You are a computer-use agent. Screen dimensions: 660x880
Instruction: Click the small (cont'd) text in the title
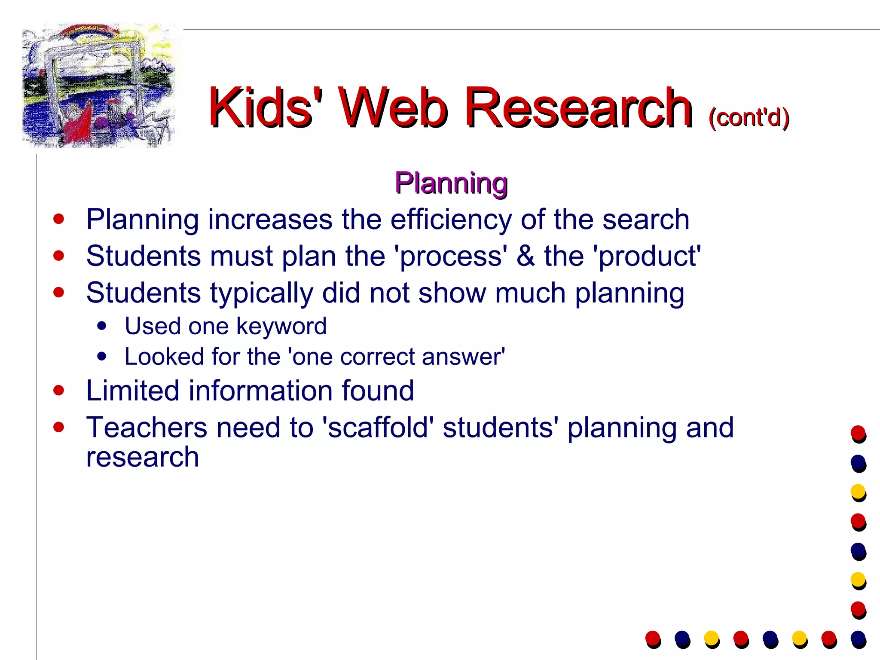tap(749, 117)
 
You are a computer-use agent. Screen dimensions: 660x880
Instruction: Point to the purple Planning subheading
tap(451, 183)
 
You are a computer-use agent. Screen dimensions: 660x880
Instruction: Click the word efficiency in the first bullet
tap(451, 220)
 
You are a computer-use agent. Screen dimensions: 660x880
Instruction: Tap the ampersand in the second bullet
tap(526, 256)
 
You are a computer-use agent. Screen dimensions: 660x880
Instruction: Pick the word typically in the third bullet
tap(262, 293)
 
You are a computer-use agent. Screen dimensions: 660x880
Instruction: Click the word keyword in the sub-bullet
tap(281, 327)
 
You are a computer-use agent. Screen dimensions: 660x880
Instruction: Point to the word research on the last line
tap(143, 457)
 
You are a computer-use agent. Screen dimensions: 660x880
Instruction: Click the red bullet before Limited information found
tap(59, 391)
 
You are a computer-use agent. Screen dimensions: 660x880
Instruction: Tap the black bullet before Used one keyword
tap(102, 326)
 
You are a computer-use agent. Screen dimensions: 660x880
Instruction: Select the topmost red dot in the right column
tap(858, 433)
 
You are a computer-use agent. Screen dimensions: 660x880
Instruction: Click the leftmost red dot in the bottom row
tap(653, 638)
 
